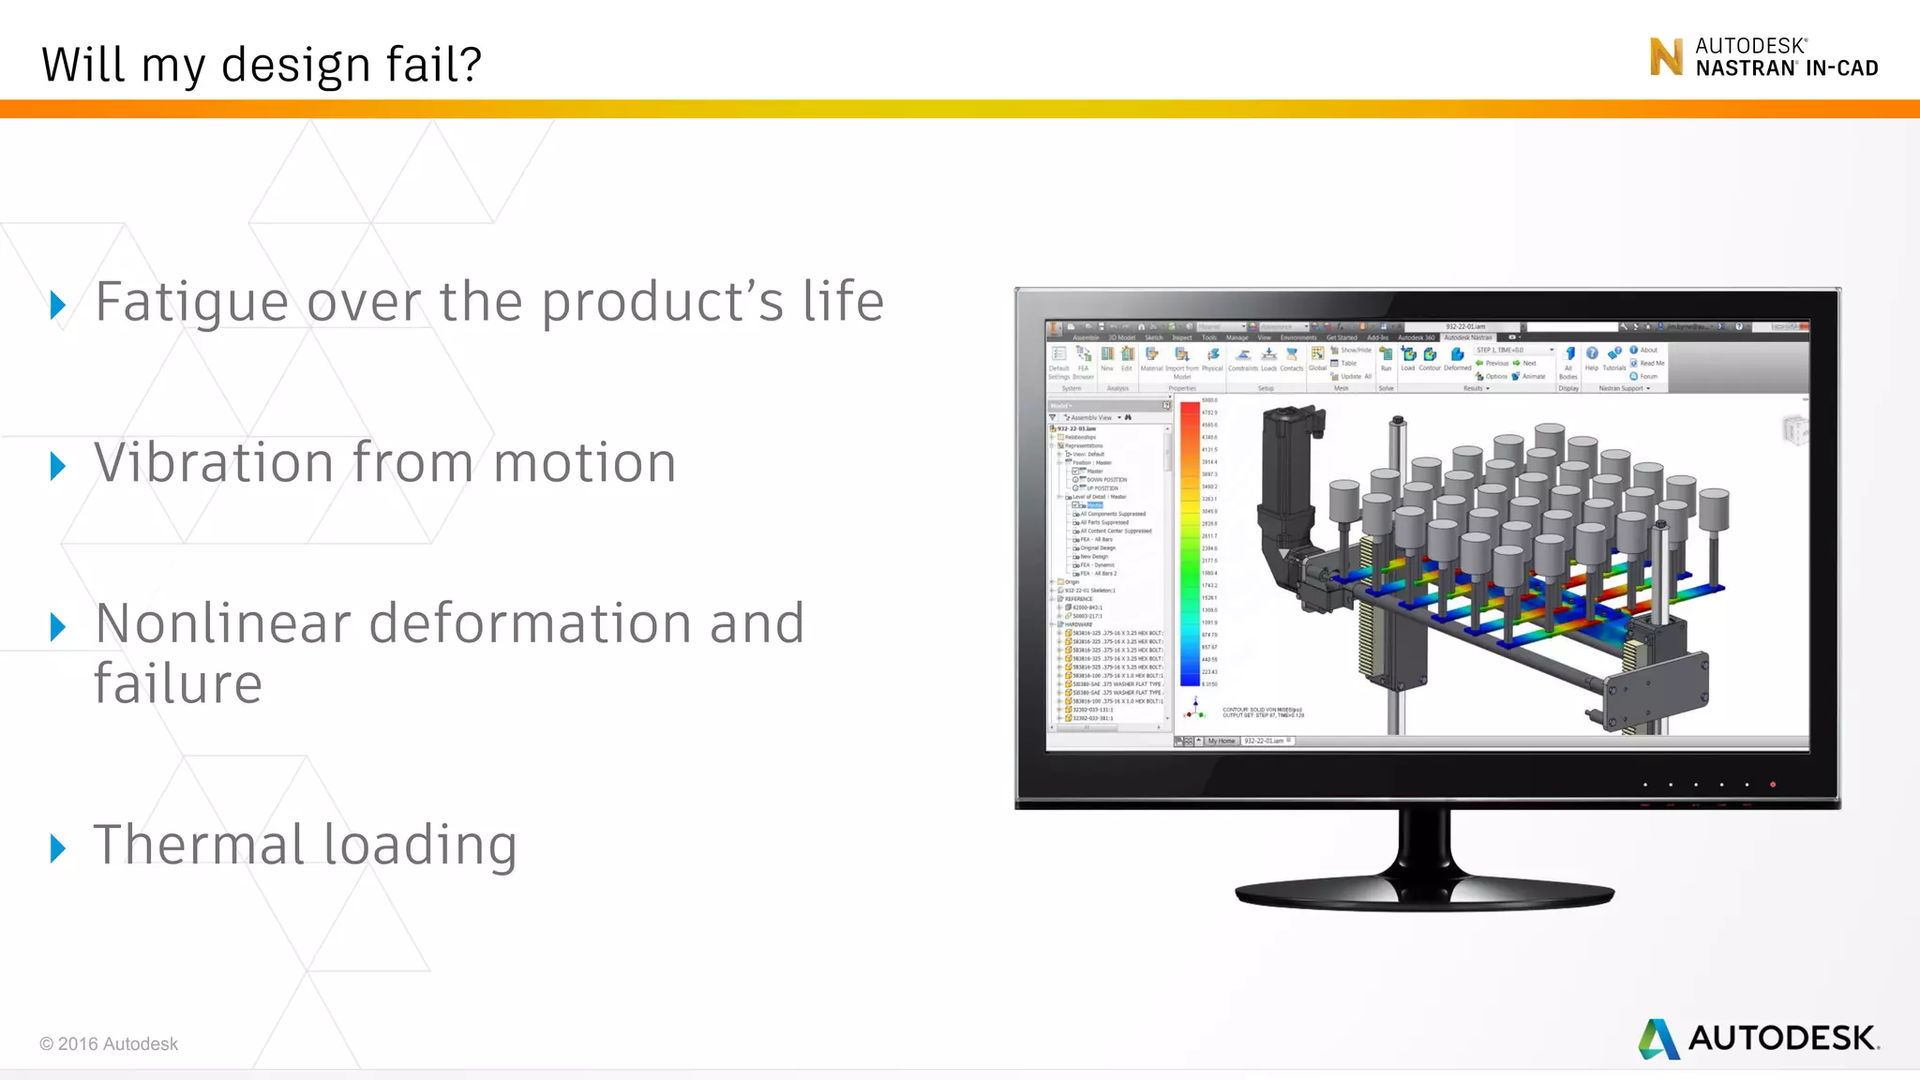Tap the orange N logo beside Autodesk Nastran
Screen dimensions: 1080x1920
pyautogui.click(x=1666, y=57)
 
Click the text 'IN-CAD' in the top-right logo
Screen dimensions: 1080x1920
pyautogui.click(x=1841, y=68)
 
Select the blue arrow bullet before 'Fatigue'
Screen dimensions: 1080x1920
pyautogui.click(x=58, y=305)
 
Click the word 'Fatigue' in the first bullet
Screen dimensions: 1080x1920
pyautogui.click(x=192, y=303)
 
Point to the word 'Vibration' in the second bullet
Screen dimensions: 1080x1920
pyautogui.click(x=214, y=462)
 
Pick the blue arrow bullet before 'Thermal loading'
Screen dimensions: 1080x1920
pyautogui.click(x=58, y=847)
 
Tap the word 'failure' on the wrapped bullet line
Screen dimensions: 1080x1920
pyautogui.click(x=178, y=683)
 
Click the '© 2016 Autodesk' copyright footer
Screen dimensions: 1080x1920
pyautogui.click(x=109, y=1043)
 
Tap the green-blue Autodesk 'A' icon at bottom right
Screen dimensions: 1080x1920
pyautogui.click(x=1658, y=1039)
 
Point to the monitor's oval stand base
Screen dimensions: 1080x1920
pyautogui.click(x=1424, y=894)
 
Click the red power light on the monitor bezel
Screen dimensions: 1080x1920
pyautogui.click(x=1773, y=785)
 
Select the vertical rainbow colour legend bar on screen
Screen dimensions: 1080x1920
pyautogui.click(x=1190, y=544)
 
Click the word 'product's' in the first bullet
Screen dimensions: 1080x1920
pyautogui.click(x=662, y=303)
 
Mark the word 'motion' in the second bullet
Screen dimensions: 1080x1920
pyautogui.click(x=584, y=462)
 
